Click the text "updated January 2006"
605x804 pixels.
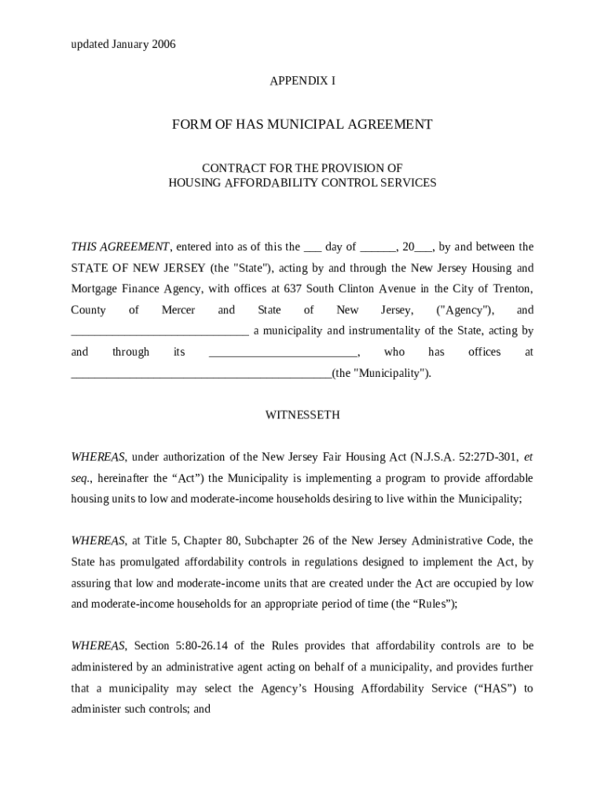(123, 44)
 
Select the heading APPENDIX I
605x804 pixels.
(302, 81)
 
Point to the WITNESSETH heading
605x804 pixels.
(302, 415)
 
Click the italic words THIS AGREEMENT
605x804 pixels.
(120, 247)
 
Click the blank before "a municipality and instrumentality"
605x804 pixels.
(159, 332)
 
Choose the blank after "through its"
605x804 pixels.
(283, 353)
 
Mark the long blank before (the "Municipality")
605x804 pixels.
(201, 375)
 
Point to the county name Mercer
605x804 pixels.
(178, 310)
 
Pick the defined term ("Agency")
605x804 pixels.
(465, 310)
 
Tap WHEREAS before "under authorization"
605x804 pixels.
(98, 457)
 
